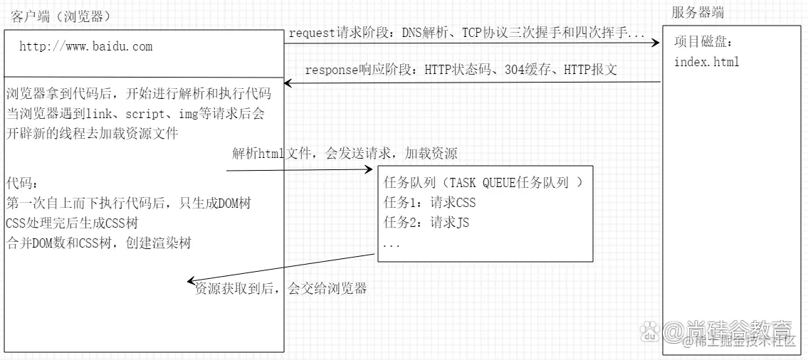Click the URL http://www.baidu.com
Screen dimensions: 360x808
[85, 47]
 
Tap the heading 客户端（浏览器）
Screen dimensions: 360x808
[61, 16]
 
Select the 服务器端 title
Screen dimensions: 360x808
[698, 12]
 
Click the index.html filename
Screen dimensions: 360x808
[706, 62]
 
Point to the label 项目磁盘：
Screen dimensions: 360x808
[703, 42]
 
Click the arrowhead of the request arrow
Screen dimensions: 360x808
[656, 43]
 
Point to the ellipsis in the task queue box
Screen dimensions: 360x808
[392, 244]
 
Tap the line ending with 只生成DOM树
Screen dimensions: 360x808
[128, 203]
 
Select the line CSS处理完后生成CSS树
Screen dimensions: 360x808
[70, 223]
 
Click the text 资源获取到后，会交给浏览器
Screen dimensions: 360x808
[281, 289]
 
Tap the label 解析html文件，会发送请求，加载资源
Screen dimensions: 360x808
[345, 153]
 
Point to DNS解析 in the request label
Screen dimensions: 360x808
[421, 33]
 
